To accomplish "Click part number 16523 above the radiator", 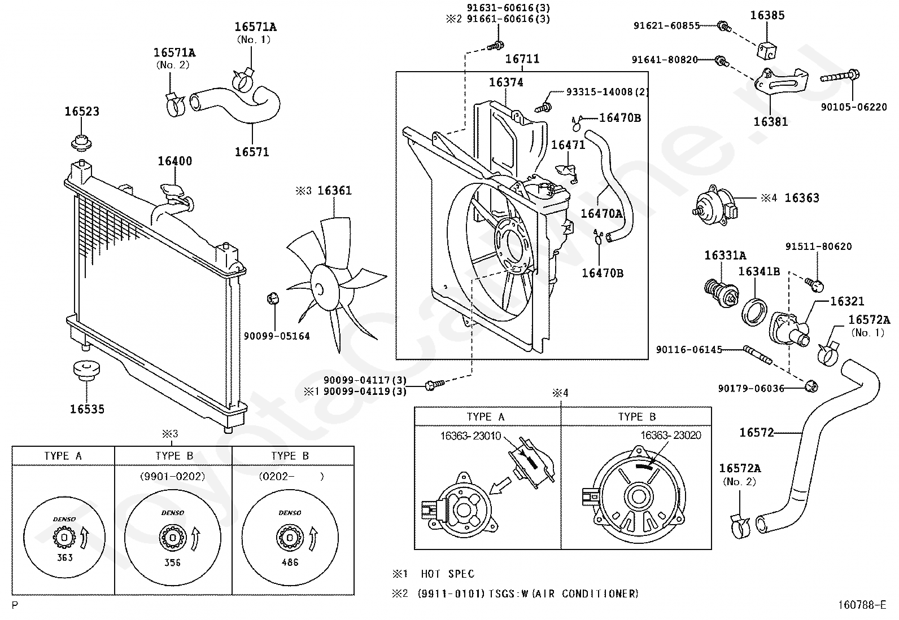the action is [82, 111].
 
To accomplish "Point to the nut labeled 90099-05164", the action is [273, 298].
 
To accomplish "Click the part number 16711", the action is [522, 59].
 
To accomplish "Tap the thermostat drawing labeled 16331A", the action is [722, 293].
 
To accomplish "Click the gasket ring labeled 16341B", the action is [754, 311].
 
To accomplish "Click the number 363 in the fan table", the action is [64, 557].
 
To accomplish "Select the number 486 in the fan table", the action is [290, 562].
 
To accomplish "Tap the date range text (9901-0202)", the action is [173, 477].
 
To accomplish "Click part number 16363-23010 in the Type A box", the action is [471, 436].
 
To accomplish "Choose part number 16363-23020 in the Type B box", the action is [671, 435].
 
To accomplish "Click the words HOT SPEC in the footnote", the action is [447, 574].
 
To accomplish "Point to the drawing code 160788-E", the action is [862, 605].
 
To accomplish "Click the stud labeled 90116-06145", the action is [758, 355].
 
